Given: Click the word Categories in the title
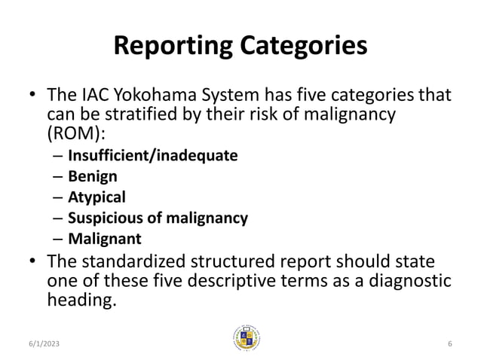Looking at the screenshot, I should point(305,46).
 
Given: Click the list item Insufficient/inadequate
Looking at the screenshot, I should point(152,156).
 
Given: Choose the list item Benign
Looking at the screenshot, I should point(93,177).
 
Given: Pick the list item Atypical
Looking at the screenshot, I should point(97,197).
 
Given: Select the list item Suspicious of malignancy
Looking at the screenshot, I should point(158,218).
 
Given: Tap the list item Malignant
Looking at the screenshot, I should point(104,239).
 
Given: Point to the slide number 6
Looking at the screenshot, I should point(449,343).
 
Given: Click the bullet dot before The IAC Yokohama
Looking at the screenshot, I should point(33,97).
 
